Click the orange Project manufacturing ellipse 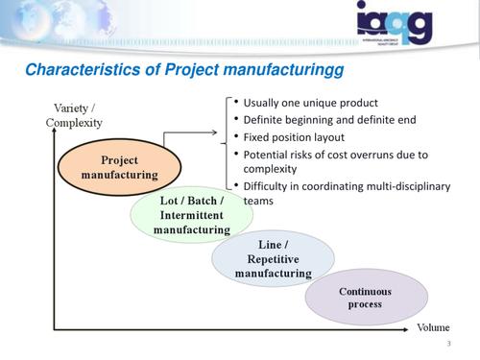(x=119, y=168)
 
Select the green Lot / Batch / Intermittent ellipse (x=191, y=215)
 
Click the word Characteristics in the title (x=76, y=70)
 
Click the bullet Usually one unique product (x=310, y=103)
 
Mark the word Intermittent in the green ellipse (x=191, y=216)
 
